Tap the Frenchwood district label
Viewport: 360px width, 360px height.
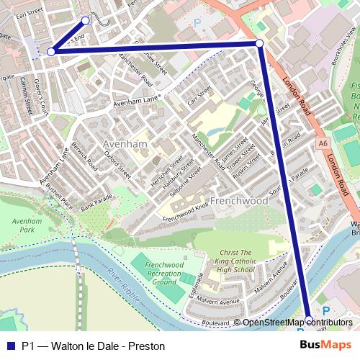coord(239,200)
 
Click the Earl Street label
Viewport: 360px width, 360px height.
coord(30,13)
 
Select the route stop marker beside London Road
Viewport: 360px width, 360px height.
coord(259,44)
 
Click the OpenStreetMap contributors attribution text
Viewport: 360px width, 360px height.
coord(297,322)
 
